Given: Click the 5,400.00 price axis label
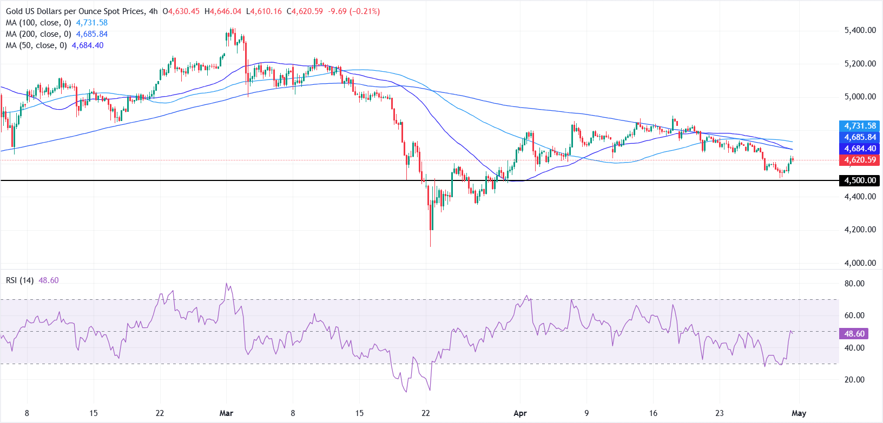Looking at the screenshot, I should pyautogui.click(x=860, y=30).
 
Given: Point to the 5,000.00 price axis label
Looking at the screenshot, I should pyautogui.click(x=860, y=97).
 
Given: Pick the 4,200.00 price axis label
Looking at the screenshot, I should pyautogui.click(x=860, y=230).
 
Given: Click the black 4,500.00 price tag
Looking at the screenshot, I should pyautogui.click(x=859, y=180).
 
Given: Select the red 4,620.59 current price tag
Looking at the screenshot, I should pyautogui.click(x=859, y=160).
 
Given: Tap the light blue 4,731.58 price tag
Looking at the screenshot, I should pyautogui.click(x=859, y=126).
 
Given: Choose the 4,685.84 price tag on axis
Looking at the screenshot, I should pyautogui.click(x=859, y=137).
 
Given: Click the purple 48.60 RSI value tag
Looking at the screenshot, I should pyautogui.click(x=854, y=334).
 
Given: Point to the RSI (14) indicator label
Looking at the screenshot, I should pyautogui.click(x=20, y=280).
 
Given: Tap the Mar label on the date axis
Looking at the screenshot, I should pyautogui.click(x=226, y=413).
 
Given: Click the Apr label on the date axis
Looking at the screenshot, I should pyautogui.click(x=520, y=413).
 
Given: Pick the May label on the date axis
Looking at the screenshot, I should pyautogui.click(x=799, y=413).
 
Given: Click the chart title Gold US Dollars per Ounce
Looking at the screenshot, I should pyautogui.click(x=75, y=11).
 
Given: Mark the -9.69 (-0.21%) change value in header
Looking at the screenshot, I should pyautogui.click(x=351, y=11).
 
